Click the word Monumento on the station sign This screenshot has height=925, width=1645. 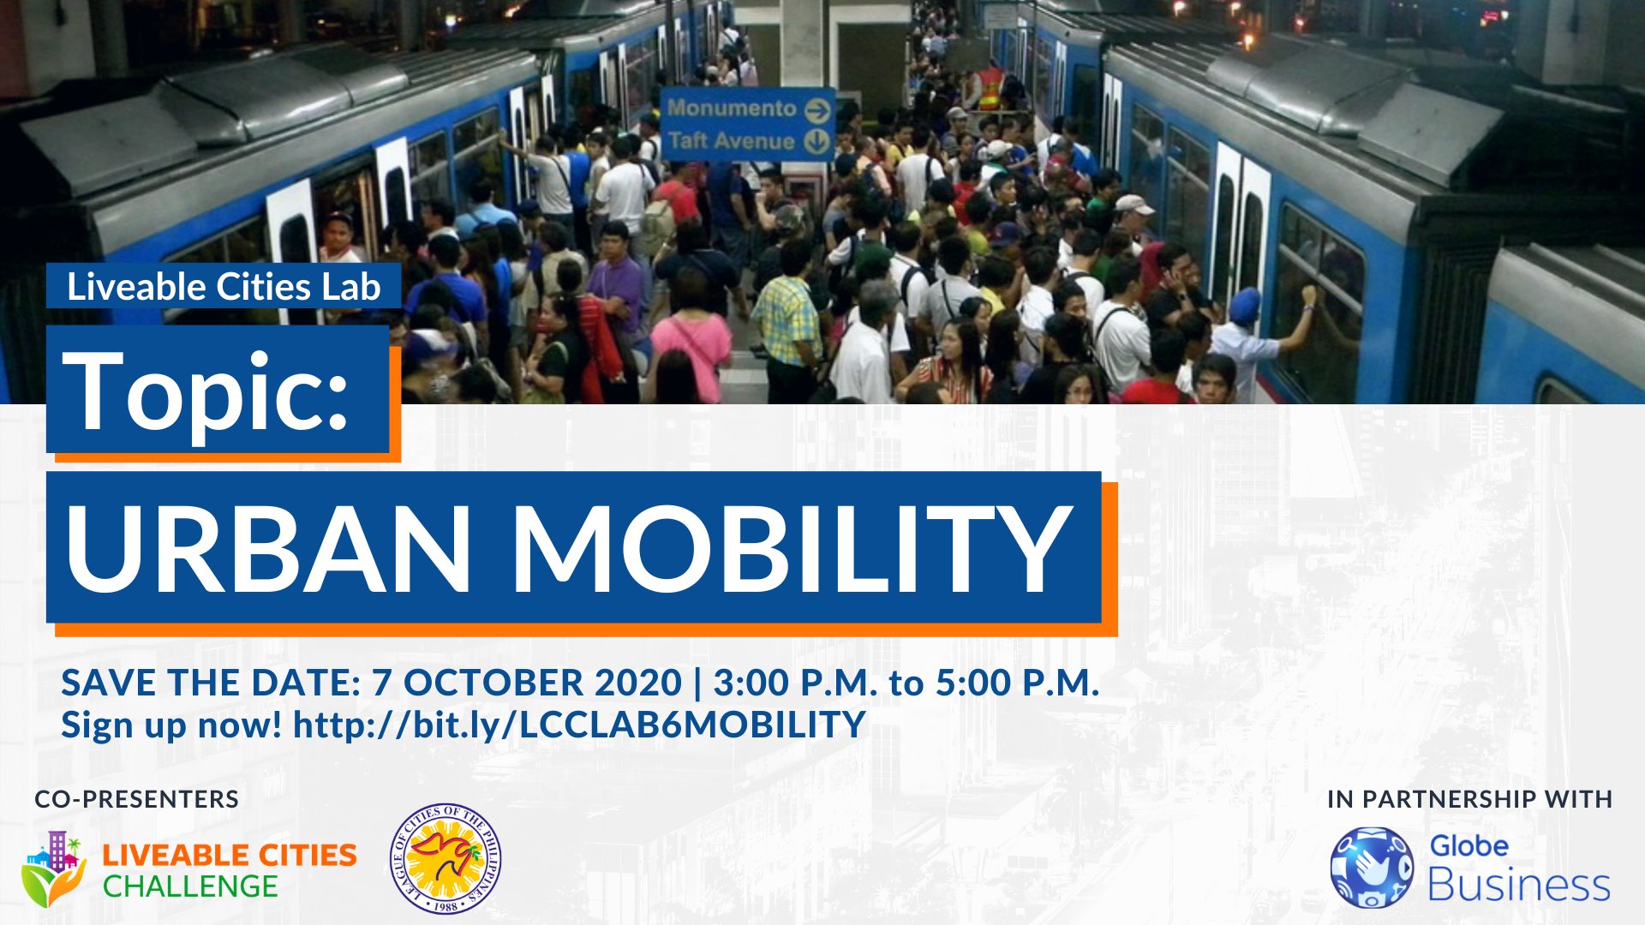pos(732,109)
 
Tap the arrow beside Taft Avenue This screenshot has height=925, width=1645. pos(818,141)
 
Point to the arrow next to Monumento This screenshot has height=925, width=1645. pos(818,110)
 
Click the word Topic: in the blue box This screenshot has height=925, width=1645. pos(206,391)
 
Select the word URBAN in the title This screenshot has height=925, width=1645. pos(268,548)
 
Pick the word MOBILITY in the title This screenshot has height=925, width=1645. pos(793,548)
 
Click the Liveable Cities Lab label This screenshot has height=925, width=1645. pos(224,286)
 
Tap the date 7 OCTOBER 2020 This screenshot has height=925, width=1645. pos(526,683)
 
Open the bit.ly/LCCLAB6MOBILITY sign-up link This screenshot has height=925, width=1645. pos(579,725)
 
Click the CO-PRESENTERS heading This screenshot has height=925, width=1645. pos(137,799)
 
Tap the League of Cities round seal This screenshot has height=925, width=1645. pos(446,858)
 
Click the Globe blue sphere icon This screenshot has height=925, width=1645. pos(1372,868)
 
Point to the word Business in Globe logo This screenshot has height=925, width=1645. pos(1519,885)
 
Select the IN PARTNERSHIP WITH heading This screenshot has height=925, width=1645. pos(1469,799)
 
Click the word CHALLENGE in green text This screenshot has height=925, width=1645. pos(190,886)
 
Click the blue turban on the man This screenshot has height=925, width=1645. pos(1245,305)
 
